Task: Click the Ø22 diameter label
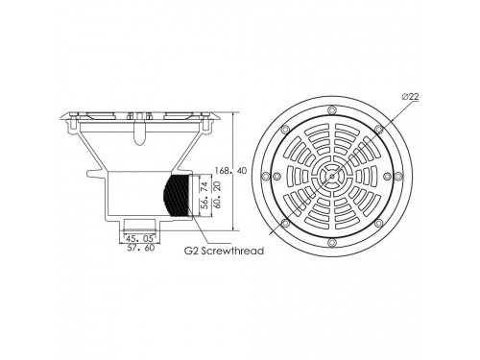(x=411, y=96)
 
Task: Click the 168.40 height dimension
(x=231, y=171)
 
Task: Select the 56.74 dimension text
(x=204, y=195)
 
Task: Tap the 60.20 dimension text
(x=218, y=195)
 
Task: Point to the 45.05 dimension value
(x=139, y=238)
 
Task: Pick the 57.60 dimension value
(x=140, y=248)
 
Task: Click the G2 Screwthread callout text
(x=224, y=251)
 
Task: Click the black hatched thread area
(x=176, y=195)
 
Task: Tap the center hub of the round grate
(x=332, y=176)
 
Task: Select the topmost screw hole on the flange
(x=332, y=110)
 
